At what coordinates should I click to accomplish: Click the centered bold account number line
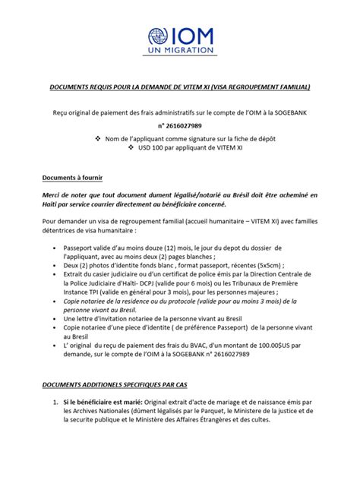pos(180,126)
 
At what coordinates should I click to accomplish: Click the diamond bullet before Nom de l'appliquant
pos(96,139)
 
